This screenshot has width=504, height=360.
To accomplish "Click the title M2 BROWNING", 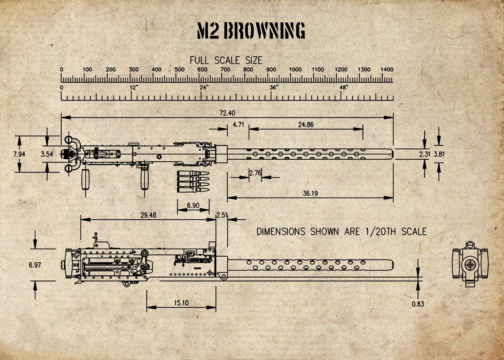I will pos(251,31).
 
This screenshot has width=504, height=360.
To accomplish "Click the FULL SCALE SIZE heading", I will pos(226,60).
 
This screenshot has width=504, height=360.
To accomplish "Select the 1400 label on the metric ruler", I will pos(386,69).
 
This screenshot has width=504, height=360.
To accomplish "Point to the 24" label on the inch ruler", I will pos(204,87).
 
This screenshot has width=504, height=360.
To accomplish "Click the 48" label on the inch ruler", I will pos(344,87).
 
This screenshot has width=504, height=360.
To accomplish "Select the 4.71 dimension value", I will pos(238,124).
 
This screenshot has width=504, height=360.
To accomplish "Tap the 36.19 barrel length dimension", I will pos(310,193).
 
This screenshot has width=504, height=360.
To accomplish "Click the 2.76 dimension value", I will pos(255,173).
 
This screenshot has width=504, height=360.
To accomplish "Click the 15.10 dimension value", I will pos(181,303).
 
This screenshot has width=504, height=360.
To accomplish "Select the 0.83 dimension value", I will pos(417,304).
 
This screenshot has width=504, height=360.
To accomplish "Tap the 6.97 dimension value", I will pos(35,265).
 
